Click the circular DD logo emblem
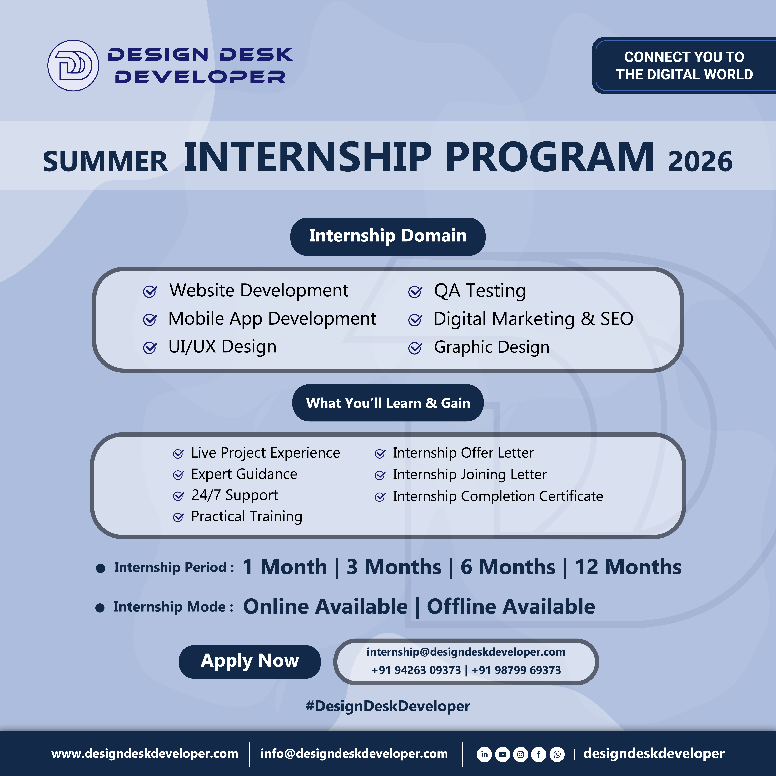pyautogui.click(x=73, y=66)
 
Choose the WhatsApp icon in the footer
pyautogui.click(x=557, y=754)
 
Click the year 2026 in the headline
pyautogui.click(x=700, y=161)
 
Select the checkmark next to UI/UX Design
pyautogui.click(x=150, y=348)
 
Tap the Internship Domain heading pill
pyautogui.click(x=388, y=237)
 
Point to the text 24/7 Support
pyautogui.click(x=235, y=495)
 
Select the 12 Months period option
pyautogui.click(x=628, y=567)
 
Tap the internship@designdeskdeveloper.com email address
pyautogui.click(x=466, y=652)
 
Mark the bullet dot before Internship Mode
pyautogui.click(x=100, y=608)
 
